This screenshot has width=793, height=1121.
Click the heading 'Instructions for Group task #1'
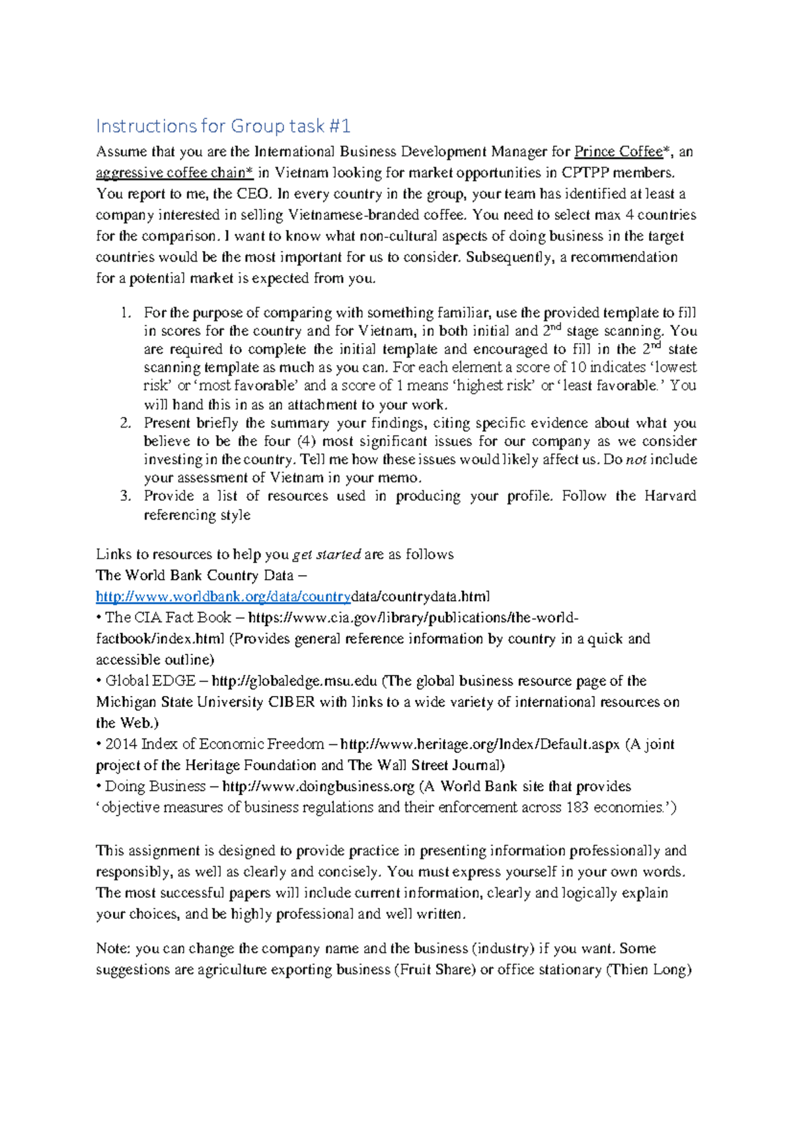[223, 126]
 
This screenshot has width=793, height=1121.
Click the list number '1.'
[127, 313]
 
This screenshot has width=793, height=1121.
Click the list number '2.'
[127, 423]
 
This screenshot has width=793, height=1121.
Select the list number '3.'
[127, 496]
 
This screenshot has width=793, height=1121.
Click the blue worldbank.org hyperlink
[223, 597]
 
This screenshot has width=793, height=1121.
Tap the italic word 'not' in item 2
[636, 460]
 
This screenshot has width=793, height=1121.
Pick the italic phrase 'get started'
[326, 555]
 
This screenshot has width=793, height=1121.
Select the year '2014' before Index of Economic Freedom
[121, 744]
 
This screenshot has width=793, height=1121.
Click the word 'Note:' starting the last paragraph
[113, 949]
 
